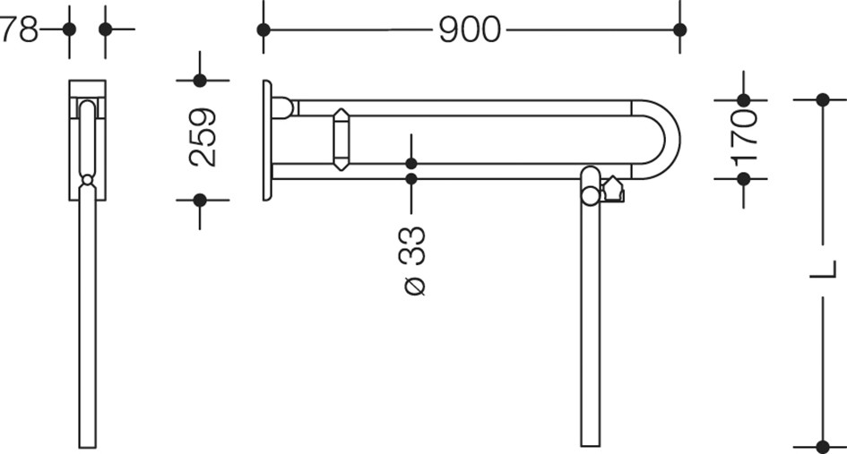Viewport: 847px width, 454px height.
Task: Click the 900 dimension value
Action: click(470, 30)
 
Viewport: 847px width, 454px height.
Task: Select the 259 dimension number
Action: click(203, 138)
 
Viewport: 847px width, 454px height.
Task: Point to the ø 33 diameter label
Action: click(412, 261)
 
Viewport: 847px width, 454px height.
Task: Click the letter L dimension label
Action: click(823, 270)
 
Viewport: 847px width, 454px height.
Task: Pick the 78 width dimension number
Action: click(20, 30)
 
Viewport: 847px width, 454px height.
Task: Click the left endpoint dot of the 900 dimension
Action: click(264, 30)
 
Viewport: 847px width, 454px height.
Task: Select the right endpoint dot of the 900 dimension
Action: click(680, 30)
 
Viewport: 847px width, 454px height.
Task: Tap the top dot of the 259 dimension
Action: click(200, 81)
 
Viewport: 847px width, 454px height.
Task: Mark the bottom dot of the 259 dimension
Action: click(200, 201)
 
